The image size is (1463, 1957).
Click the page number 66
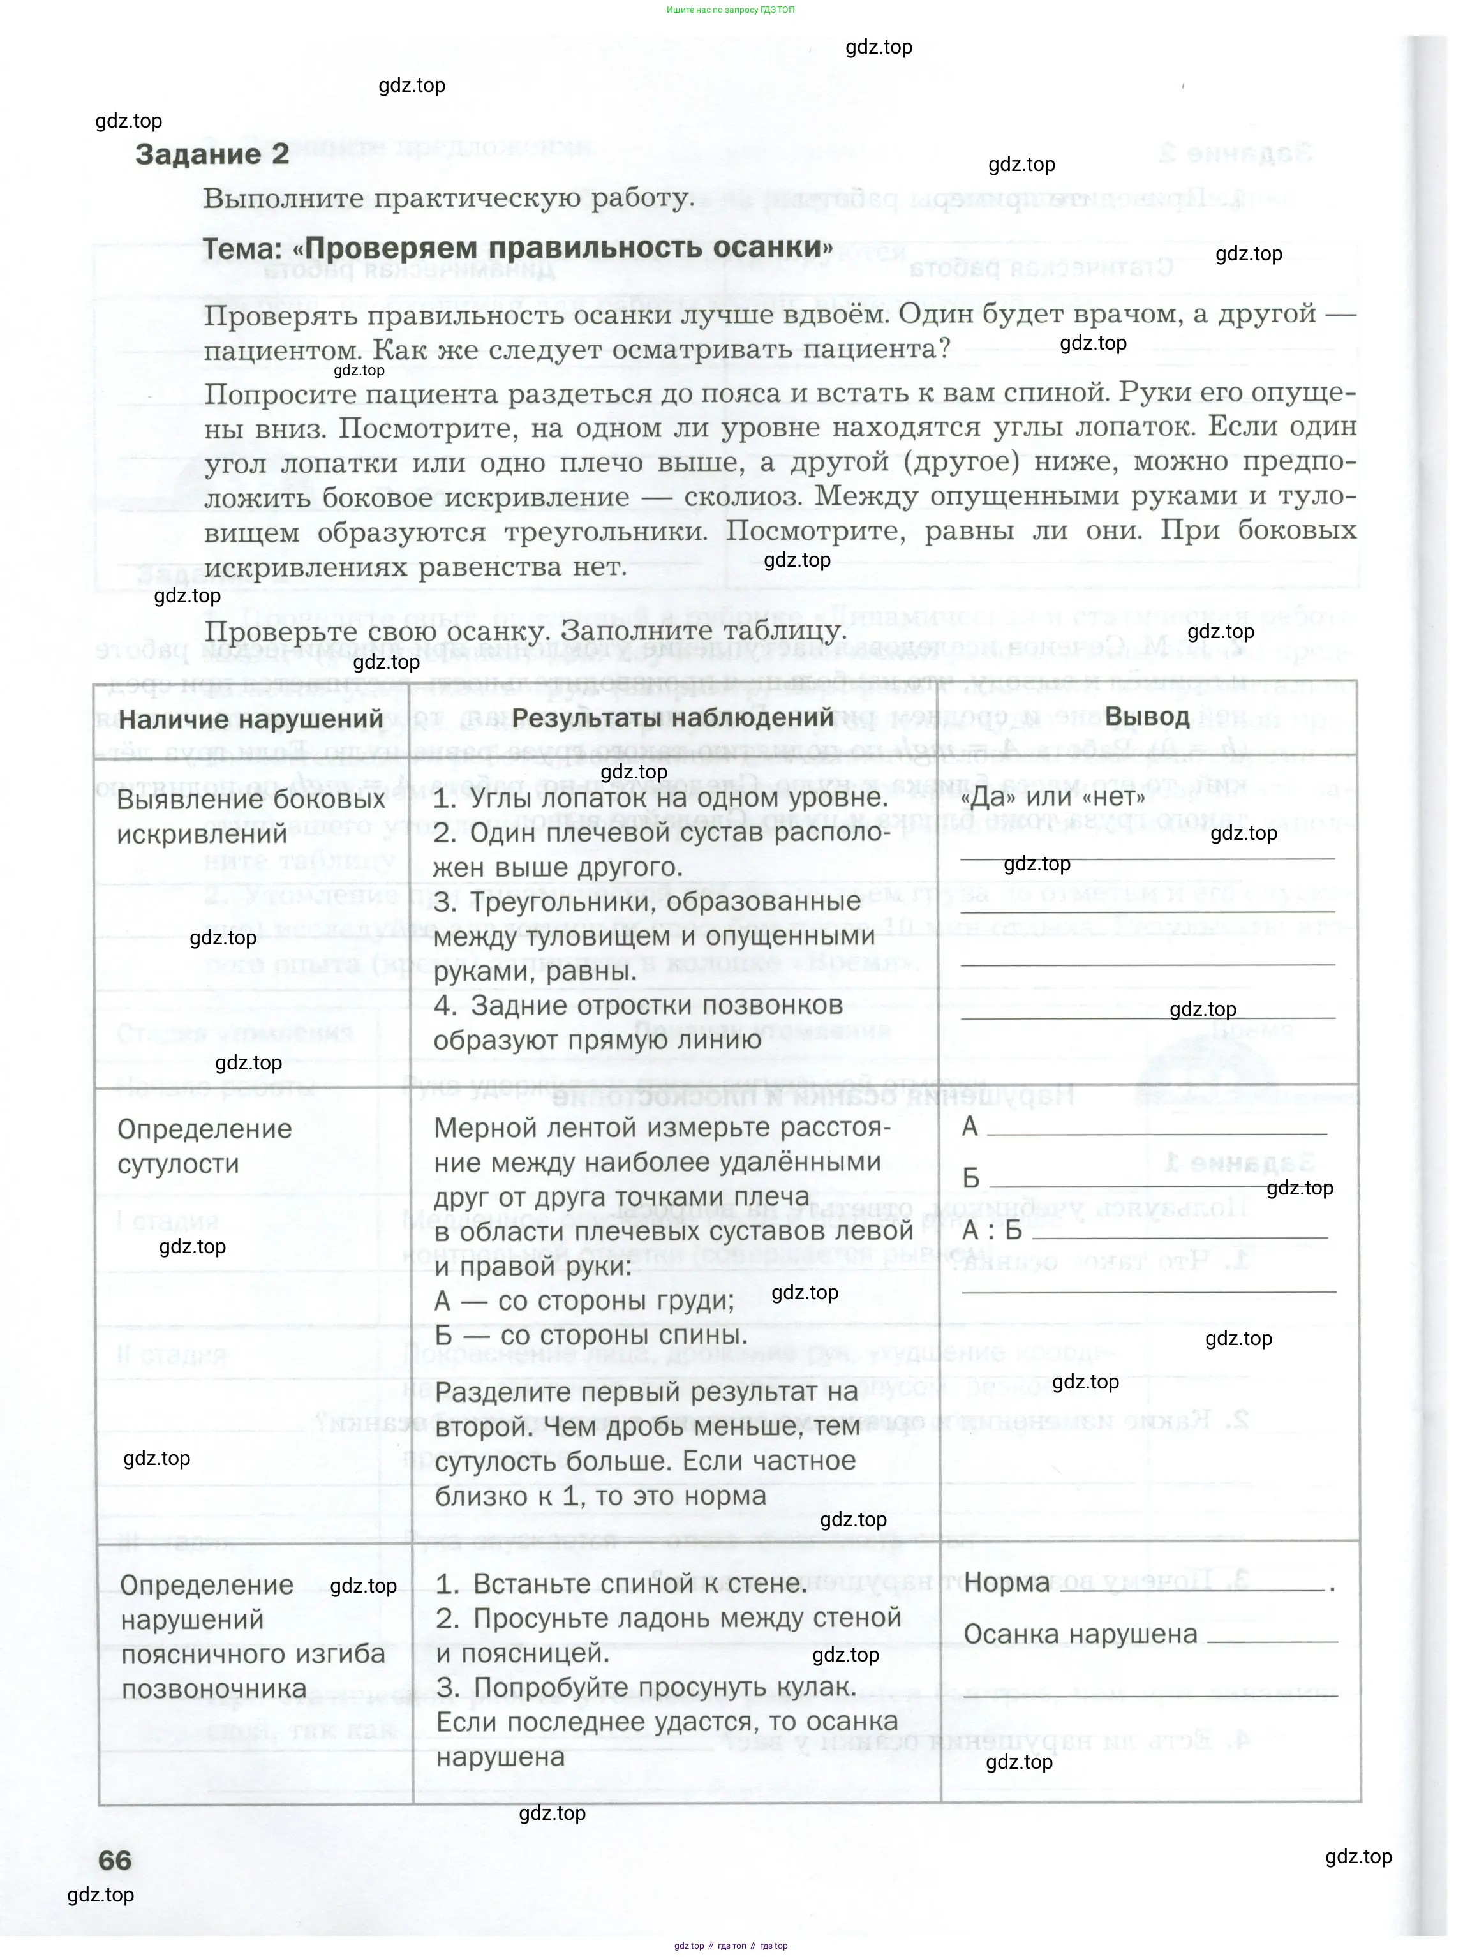point(115,1859)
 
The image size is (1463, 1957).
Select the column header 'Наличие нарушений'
point(250,719)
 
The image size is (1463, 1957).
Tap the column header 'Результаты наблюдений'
point(672,717)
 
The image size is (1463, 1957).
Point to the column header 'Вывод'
point(1147,716)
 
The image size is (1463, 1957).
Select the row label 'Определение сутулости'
point(204,1146)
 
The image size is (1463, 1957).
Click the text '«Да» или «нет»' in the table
point(1051,796)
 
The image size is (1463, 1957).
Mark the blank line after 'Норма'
point(1190,1590)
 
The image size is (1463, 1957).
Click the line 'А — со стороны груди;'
point(584,1300)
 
